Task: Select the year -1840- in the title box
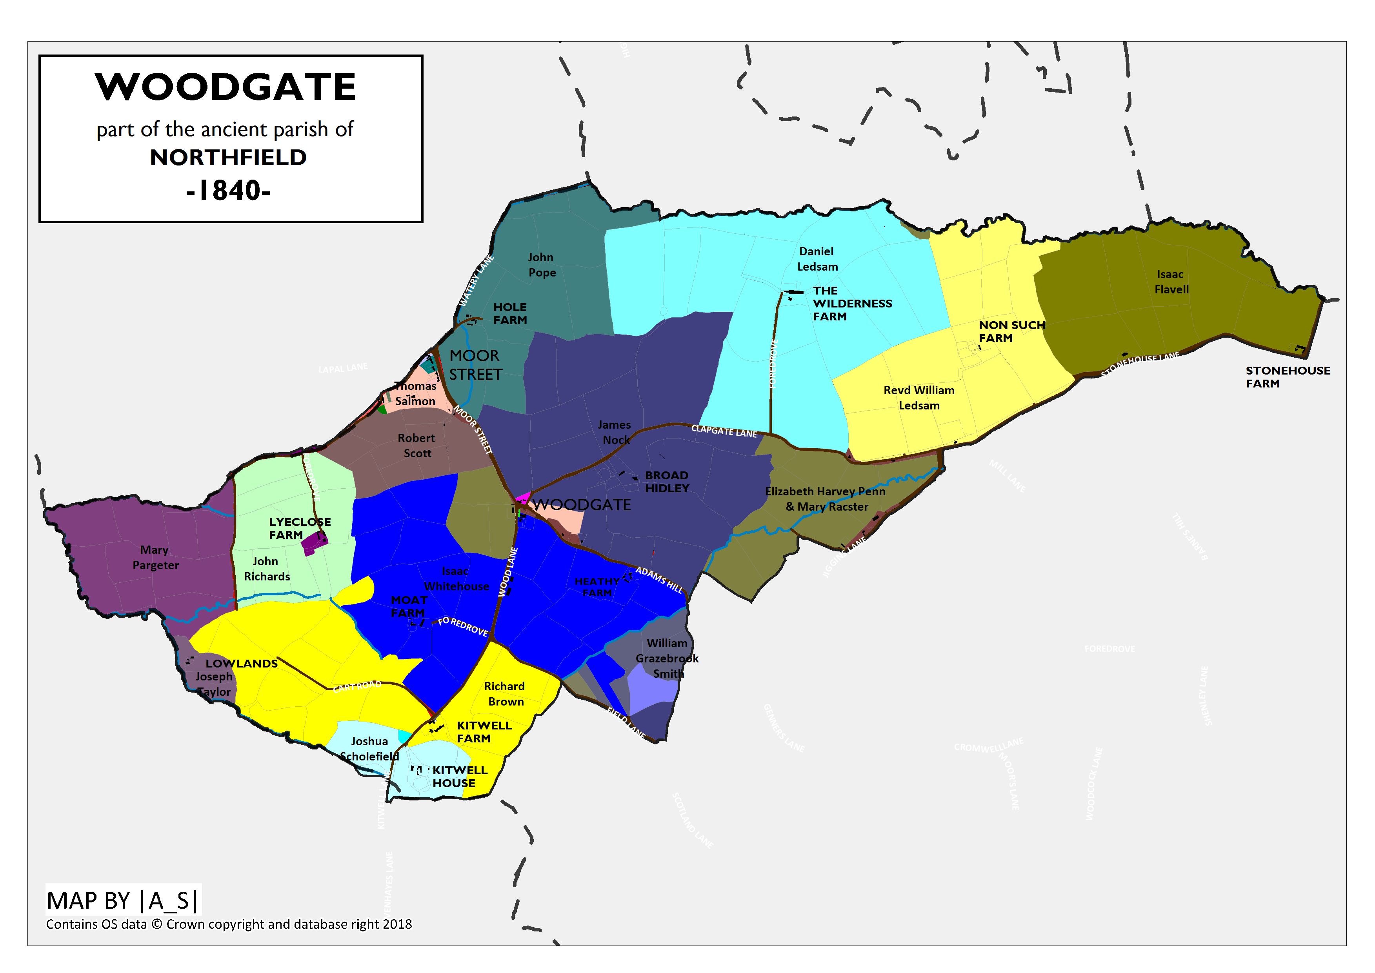pos(228,191)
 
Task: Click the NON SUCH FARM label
pos(1011,331)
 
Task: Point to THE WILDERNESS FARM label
pos(851,303)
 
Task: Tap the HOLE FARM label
pos(509,313)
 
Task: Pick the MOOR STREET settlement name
pos(475,365)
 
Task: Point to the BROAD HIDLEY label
pos(666,482)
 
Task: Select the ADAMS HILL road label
pos(659,579)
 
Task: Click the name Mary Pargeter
pos(155,557)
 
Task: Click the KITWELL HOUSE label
pos(460,777)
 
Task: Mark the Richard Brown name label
pos(504,694)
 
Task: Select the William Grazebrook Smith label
pos(666,658)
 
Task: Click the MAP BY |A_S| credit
pos(123,900)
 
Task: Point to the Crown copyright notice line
pos(229,924)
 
